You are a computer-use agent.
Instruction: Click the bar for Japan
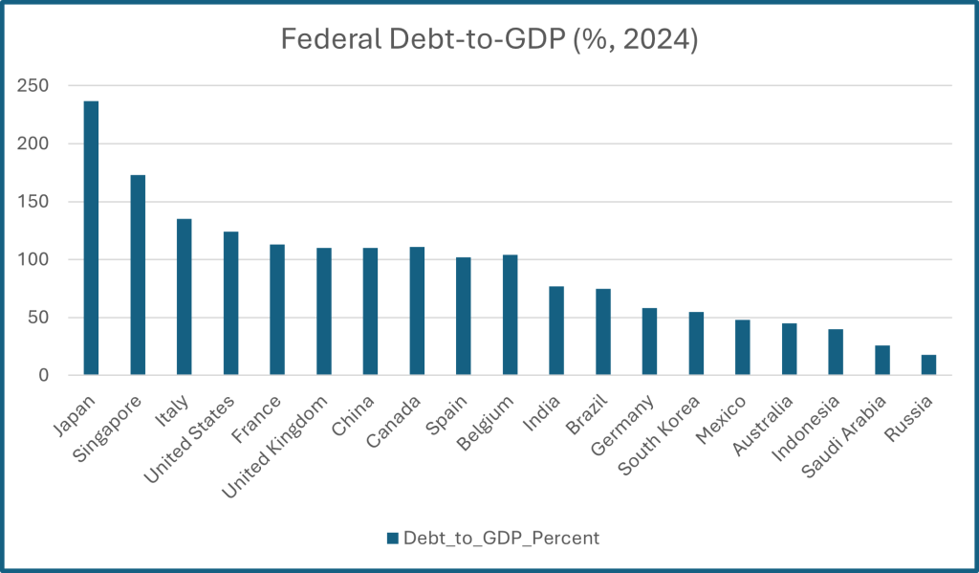[91, 238]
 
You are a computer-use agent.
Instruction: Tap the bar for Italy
[184, 298]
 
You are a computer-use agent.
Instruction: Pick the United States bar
[230, 303]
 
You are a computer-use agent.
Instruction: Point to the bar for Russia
[928, 365]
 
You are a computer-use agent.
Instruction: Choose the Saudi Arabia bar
[881, 361]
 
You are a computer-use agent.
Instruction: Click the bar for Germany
[649, 342]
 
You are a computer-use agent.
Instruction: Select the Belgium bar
[510, 315]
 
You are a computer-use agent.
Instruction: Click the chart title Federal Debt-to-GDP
[489, 39]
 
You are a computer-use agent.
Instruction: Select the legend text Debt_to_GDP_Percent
[501, 538]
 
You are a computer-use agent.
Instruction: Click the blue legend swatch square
[392, 538]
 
